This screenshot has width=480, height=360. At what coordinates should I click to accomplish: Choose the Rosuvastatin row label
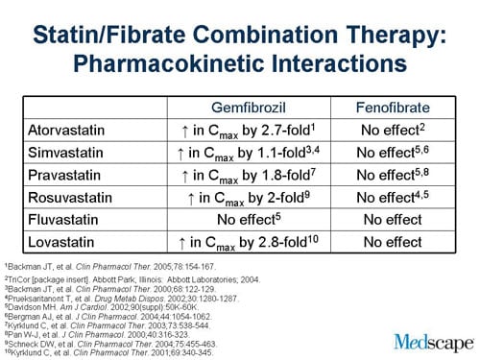tap(68, 198)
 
